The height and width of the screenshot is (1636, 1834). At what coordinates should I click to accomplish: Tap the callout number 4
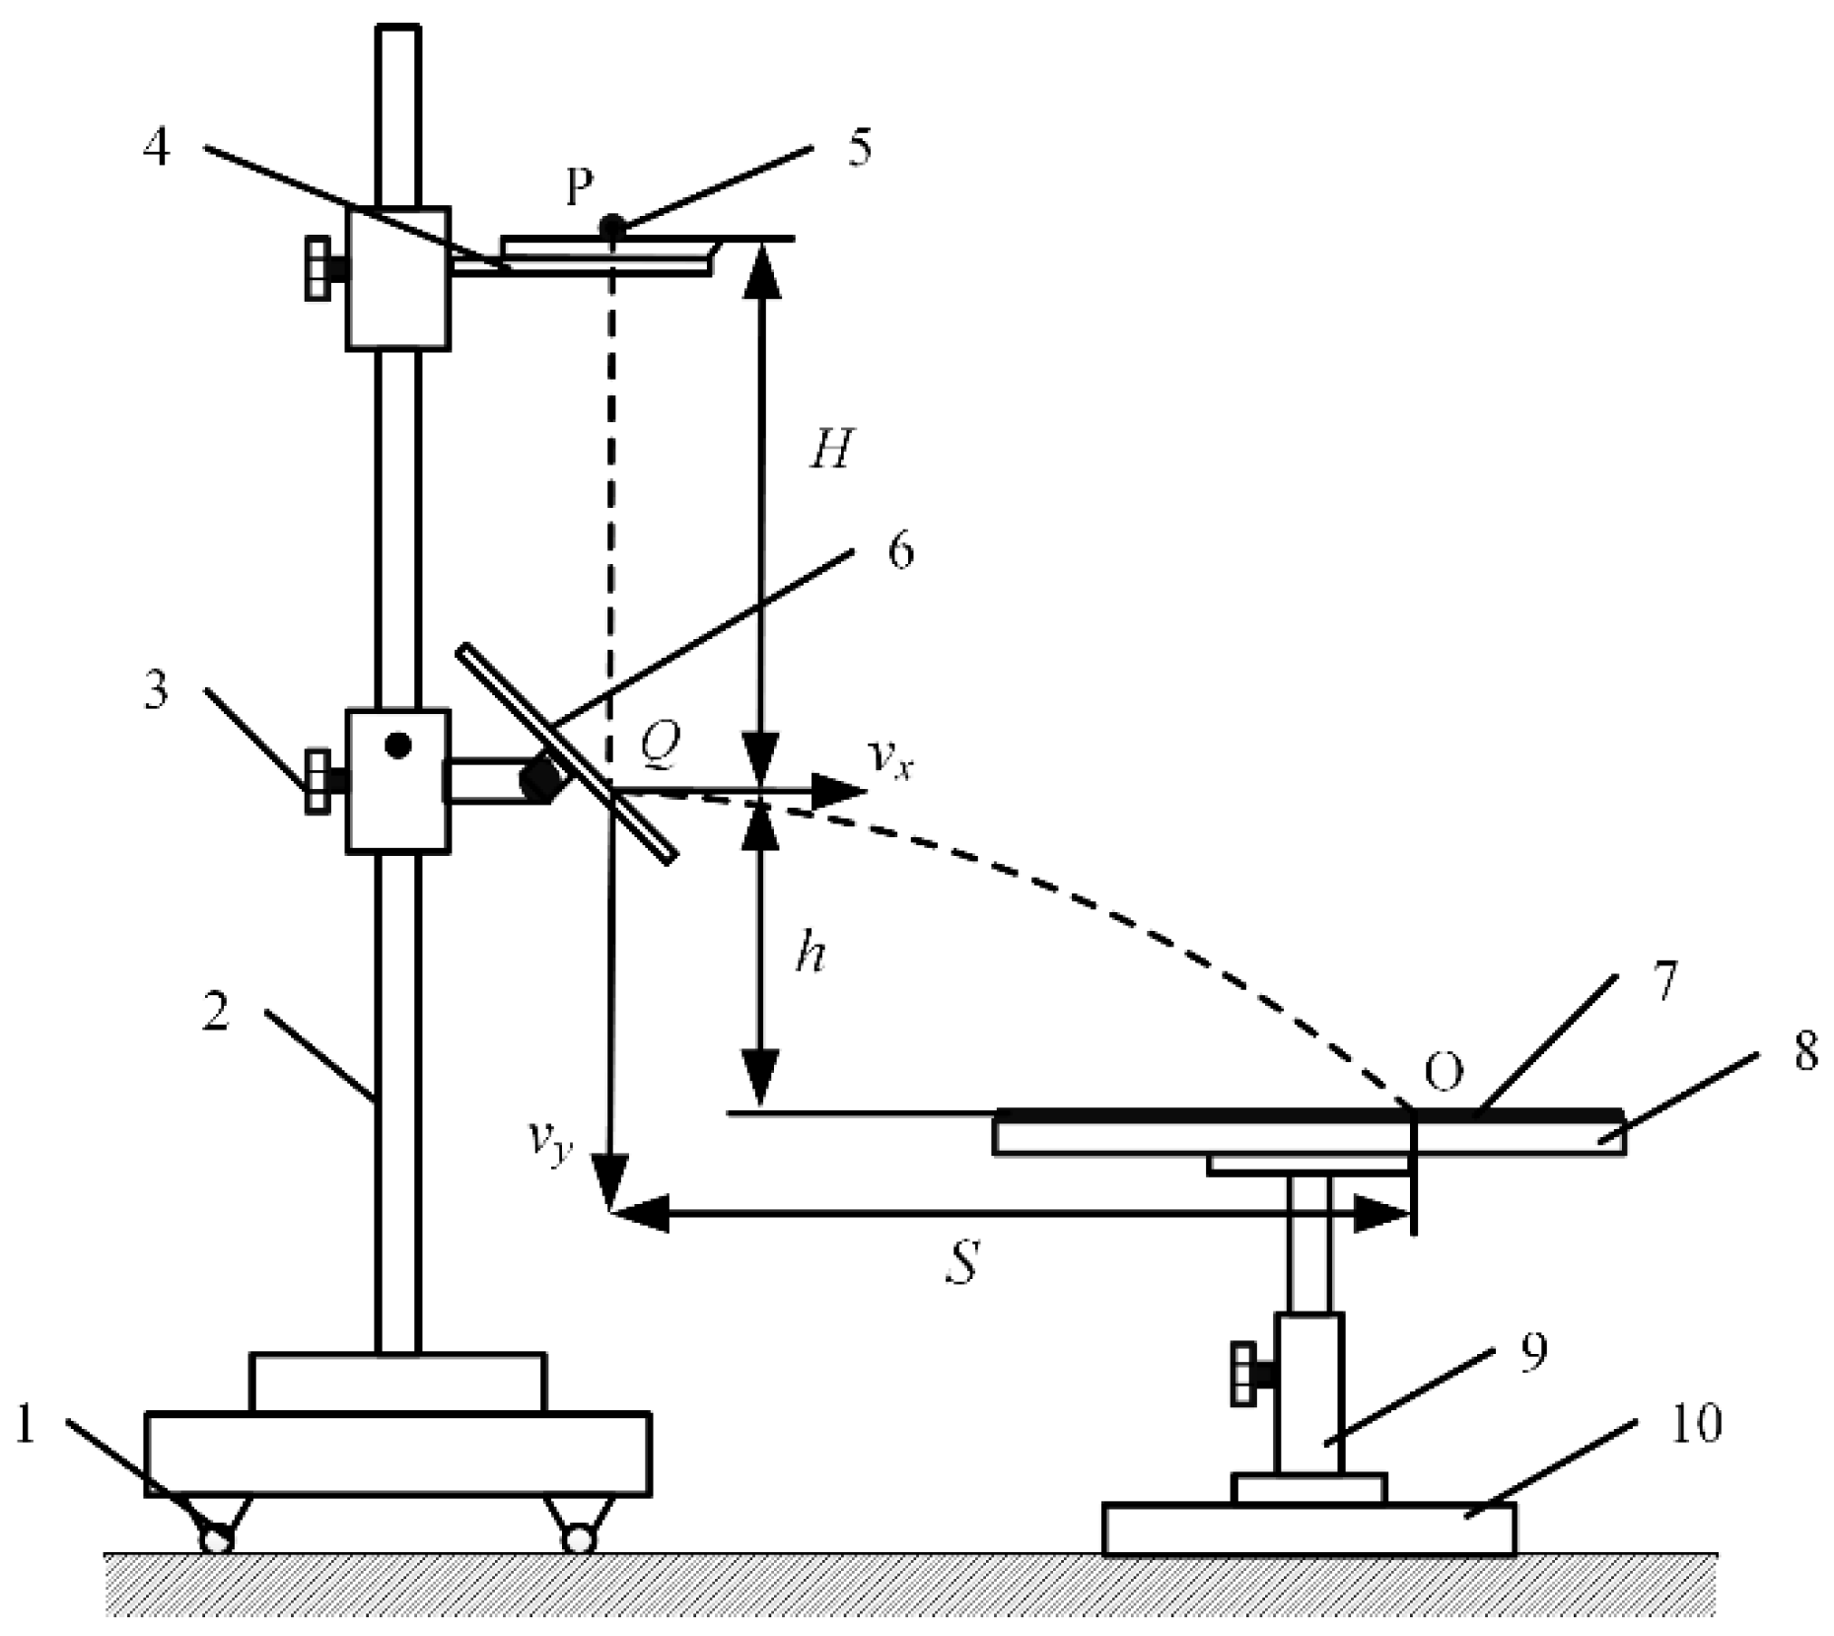coord(157,148)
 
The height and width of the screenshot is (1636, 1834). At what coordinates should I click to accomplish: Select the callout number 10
coord(1695,1423)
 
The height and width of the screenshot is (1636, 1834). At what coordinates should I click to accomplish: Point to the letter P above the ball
coord(581,187)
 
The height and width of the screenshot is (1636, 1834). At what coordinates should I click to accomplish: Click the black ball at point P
coord(612,226)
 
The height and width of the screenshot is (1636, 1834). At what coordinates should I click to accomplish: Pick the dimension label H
coord(830,450)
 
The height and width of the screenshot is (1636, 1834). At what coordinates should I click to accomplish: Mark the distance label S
coord(961,1262)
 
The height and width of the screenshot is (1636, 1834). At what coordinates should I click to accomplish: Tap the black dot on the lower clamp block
coord(397,746)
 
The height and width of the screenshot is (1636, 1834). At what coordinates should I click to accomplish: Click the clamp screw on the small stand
coord(1249,1371)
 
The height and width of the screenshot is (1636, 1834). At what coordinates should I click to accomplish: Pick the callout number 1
coord(27,1426)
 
